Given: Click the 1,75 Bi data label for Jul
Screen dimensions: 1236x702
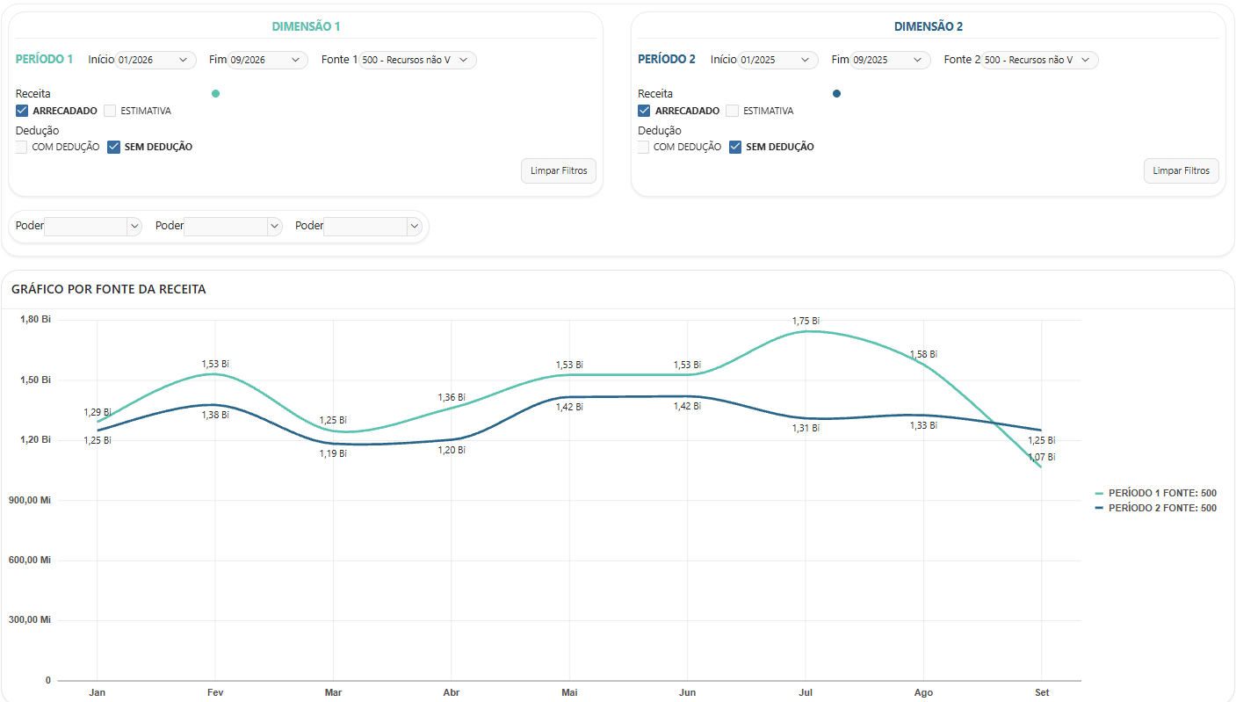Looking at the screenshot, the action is coord(806,321).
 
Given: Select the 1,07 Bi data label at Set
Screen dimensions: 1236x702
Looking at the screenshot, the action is coord(1041,457).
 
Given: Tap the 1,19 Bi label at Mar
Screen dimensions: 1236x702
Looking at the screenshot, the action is coord(333,453).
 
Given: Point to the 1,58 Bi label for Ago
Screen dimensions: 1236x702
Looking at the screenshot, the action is coord(923,354).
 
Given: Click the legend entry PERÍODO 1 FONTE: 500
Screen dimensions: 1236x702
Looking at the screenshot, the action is coord(1162,493).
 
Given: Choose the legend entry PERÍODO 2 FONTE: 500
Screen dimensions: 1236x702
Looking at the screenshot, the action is coord(1162,508).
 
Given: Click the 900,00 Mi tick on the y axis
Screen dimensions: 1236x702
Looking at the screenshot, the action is coord(30,500).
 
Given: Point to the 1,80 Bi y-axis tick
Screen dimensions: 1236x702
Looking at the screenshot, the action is coord(35,319).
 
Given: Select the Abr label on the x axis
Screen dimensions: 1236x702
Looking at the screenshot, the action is coord(452,692).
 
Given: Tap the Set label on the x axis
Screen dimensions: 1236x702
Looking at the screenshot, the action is coord(1042,692).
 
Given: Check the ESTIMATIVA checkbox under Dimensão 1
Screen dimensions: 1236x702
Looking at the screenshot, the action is coord(110,111).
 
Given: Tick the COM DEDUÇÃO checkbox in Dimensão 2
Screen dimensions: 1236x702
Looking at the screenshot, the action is coord(643,147).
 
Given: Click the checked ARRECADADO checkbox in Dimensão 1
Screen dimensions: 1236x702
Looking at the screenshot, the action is coord(21,111).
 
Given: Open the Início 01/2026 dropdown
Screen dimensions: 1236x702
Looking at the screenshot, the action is coord(155,60).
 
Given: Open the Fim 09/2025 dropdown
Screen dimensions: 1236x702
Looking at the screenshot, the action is coord(890,60).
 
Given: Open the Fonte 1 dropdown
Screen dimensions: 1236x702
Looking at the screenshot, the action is coord(417,60).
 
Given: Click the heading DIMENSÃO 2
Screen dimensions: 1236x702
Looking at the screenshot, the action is coord(929,26).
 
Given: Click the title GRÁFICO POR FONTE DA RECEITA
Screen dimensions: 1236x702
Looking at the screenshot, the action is coord(109,289).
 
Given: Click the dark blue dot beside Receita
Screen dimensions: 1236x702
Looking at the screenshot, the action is coord(836,94).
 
